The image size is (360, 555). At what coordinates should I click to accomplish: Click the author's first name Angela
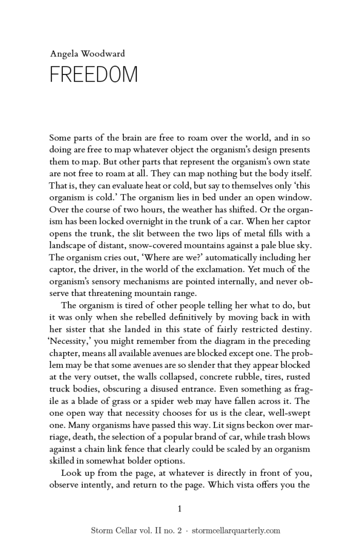62,53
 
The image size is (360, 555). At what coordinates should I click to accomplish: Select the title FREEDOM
94,75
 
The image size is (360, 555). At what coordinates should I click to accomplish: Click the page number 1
179,509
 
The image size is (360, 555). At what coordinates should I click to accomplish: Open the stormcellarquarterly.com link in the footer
236,531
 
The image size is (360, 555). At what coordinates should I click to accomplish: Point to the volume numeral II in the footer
145,531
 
